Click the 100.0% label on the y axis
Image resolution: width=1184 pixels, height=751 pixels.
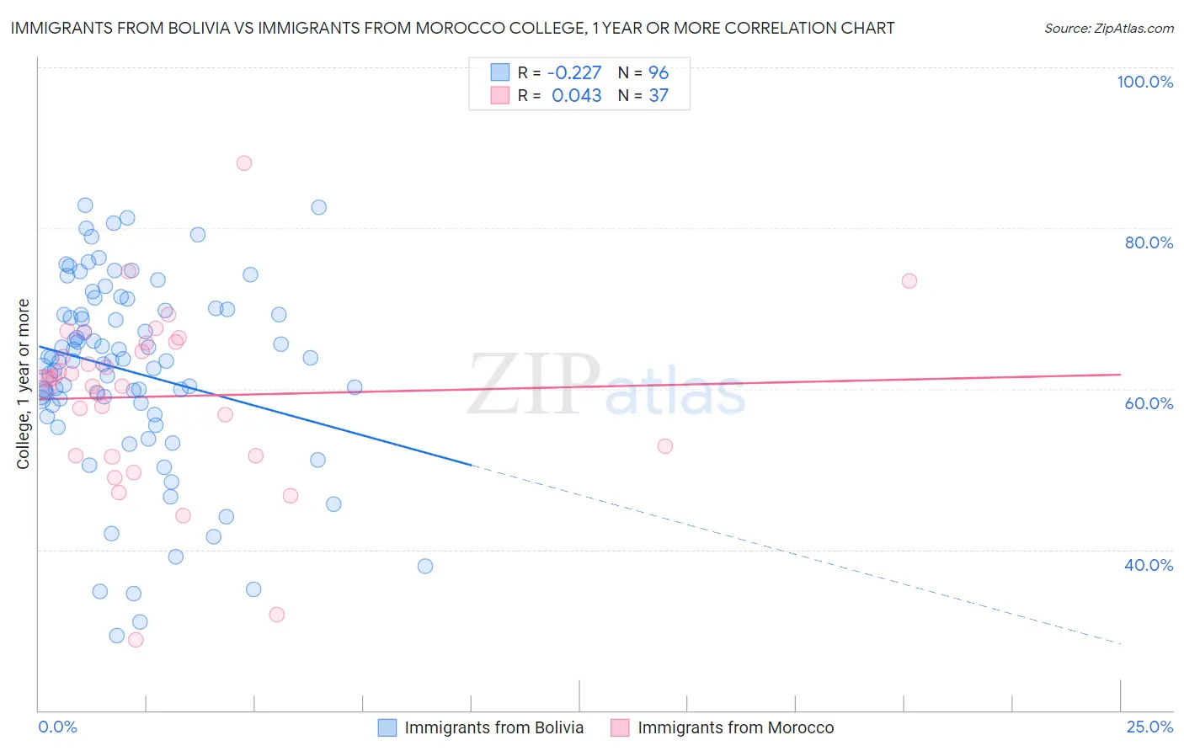(1144, 82)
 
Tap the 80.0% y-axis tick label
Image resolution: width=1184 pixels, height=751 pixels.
(1149, 242)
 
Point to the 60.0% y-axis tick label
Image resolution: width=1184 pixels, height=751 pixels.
(1149, 403)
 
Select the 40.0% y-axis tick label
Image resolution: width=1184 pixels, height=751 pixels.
(1149, 565)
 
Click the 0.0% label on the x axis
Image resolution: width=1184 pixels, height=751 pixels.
(57, 727)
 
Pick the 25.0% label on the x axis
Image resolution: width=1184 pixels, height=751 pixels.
(1149, 727)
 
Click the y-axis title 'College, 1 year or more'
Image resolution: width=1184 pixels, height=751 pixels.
(24, 384)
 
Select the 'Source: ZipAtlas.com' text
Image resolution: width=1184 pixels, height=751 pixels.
(1108, 28)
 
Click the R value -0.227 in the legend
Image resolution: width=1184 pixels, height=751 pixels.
(574, 73)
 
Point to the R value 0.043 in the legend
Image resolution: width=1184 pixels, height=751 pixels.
(576, 96)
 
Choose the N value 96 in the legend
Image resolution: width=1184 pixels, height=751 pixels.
(659, 73)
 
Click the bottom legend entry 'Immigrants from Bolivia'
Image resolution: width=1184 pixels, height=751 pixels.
(493, 727)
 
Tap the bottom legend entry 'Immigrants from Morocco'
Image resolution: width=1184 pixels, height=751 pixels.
(735, 727)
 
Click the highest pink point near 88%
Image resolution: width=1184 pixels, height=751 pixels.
(244, 163)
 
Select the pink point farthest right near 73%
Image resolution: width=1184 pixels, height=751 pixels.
(909, 281)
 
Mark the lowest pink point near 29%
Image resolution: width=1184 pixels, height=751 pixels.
(136, 640)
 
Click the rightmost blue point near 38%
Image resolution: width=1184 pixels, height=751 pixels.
(425, 567)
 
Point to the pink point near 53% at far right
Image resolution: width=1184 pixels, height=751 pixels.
(665, 446)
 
